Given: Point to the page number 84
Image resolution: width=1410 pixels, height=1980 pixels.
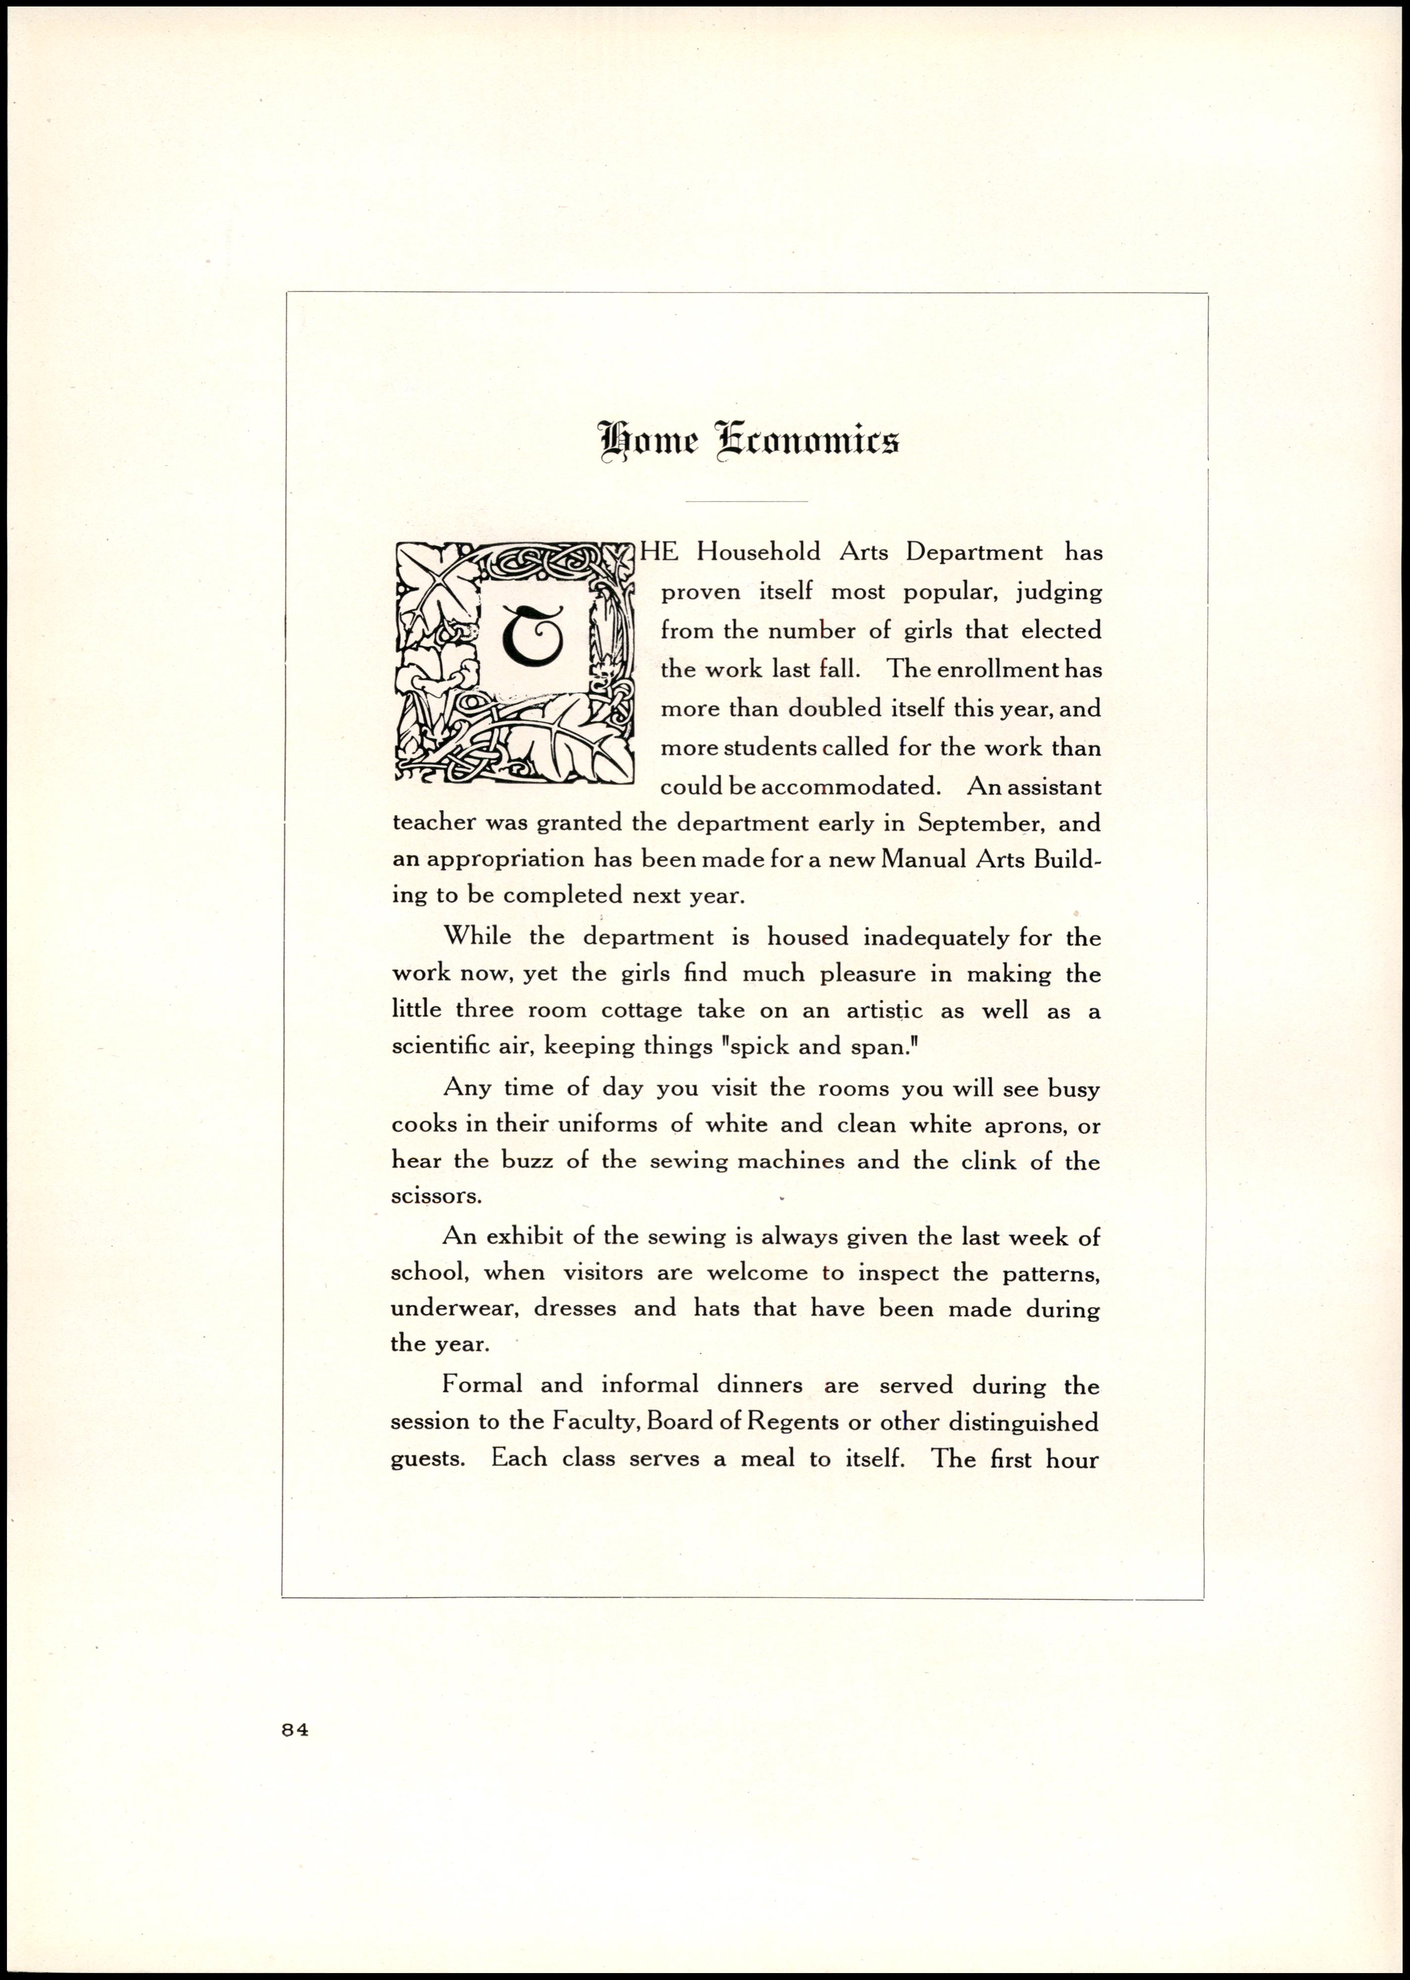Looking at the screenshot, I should (295, 1729).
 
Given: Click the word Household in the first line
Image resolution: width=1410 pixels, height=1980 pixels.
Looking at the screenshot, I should (758, 552).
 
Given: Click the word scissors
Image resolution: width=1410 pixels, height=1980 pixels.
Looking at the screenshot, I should (436, 1197).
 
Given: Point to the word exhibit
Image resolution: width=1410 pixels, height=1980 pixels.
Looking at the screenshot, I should (530, 1237).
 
